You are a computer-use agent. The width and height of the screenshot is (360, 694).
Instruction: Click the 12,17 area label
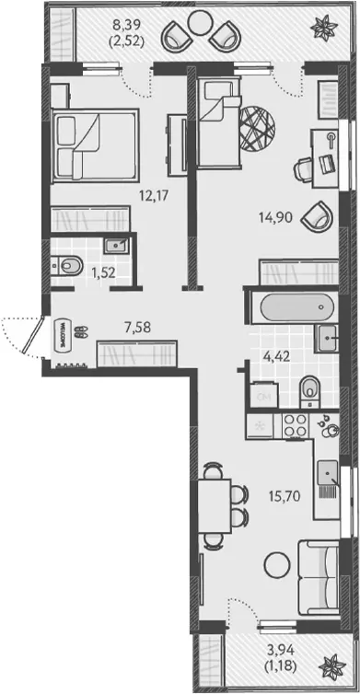pos(154,195)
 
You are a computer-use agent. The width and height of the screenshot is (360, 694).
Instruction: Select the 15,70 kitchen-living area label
pos(285,496)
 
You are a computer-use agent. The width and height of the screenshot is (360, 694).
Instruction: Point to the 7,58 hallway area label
pos(138,328)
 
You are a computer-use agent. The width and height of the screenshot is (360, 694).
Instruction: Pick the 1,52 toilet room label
pos(103,272)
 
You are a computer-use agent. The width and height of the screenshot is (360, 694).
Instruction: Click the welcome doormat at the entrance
pos(63,335)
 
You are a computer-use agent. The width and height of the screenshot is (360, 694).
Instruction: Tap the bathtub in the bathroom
pos(296,307)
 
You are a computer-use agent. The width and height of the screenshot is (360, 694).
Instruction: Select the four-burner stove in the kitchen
pos(296,426)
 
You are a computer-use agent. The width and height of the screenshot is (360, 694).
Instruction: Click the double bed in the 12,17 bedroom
pos(95,145)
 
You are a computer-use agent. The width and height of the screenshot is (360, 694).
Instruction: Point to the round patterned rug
pos(257,128)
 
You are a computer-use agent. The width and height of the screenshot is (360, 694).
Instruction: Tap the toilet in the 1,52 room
pos(67,266)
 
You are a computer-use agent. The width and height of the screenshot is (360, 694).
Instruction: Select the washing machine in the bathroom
pos(264,396)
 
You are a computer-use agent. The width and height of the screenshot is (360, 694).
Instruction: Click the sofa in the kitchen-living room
pos(319,577)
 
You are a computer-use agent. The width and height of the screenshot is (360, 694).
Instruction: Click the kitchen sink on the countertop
pos(328,474)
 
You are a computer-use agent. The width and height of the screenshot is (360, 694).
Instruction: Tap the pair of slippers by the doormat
pos(81,332)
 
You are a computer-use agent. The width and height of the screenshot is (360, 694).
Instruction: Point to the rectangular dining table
pos(215,506)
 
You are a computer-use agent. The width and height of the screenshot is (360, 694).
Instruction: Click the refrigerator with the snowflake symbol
pos(260,426)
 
